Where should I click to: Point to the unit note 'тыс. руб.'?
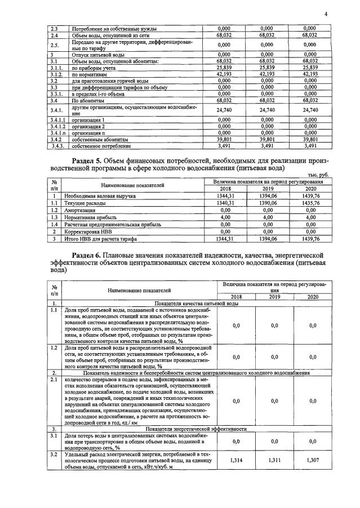[x=317, y=175]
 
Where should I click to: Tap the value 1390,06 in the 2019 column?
[x=265, y=202]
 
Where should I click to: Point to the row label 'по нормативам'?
[x=88, y=73]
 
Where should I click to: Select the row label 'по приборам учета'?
[x=92, y=67]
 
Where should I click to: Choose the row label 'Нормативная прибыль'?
[x=93, y=217]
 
